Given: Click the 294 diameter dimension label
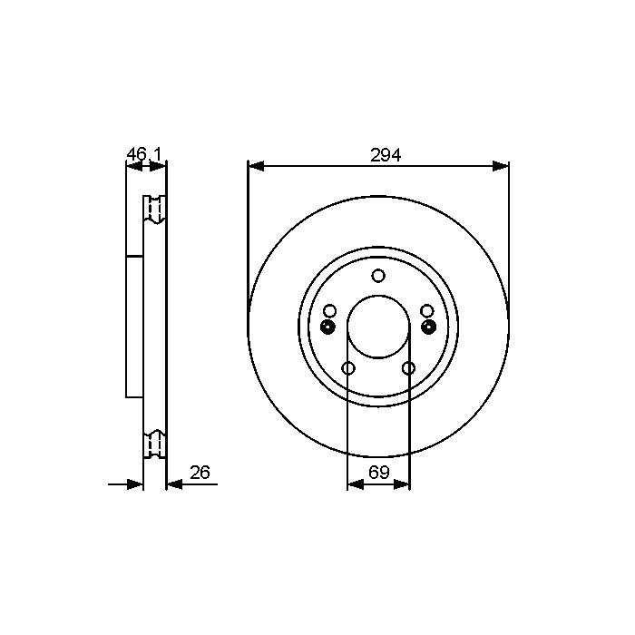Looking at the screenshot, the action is tap(386, 155).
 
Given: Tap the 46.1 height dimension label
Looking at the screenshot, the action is tap(144, 154).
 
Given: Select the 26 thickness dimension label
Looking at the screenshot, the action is tap(200, 473).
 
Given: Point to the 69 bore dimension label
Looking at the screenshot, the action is tap(378, 473).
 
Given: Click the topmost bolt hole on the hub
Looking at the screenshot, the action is tap(378, 276).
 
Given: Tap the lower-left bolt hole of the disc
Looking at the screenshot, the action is tap(348, 368).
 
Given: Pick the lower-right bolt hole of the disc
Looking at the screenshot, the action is tap(408, 368).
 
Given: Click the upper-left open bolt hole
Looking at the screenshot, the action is tap(330, 311).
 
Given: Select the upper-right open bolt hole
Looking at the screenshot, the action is tap(427, 311).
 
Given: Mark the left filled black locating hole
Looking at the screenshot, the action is tap(327, 327).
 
